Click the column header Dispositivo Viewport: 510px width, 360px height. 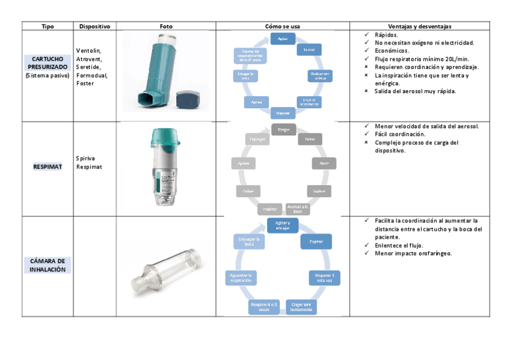94,26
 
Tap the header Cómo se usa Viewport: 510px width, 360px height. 282,26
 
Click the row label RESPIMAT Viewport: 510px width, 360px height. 48,166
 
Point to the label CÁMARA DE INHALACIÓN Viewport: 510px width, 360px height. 48,265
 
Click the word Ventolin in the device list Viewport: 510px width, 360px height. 88,50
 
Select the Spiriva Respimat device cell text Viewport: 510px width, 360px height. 90,162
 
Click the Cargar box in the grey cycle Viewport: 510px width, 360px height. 283,129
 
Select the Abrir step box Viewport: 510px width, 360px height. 324,163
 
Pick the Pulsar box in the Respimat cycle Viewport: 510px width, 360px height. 248,191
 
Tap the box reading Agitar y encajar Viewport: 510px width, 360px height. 283,225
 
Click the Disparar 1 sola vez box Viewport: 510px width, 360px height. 324,278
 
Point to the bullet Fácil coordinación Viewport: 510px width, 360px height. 400,135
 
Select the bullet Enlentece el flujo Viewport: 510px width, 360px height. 400,245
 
